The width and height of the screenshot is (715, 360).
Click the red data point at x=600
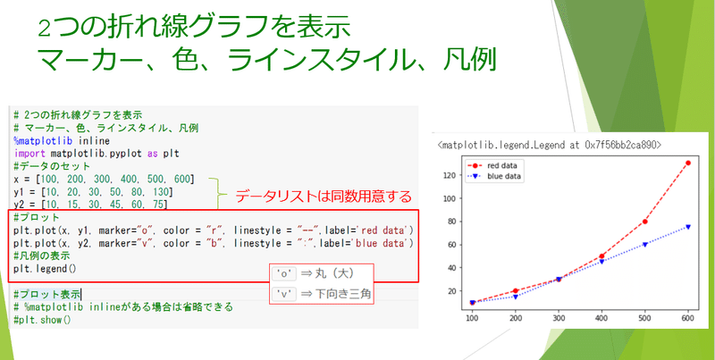point(687,163)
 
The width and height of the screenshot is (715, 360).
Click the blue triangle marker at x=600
point(687,227)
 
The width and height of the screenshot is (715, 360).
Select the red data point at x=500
point(643,221)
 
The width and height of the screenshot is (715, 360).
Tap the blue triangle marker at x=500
point(643,244)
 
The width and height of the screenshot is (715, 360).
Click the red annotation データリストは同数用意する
point(323,195)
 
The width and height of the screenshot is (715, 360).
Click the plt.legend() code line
point(46,268)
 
